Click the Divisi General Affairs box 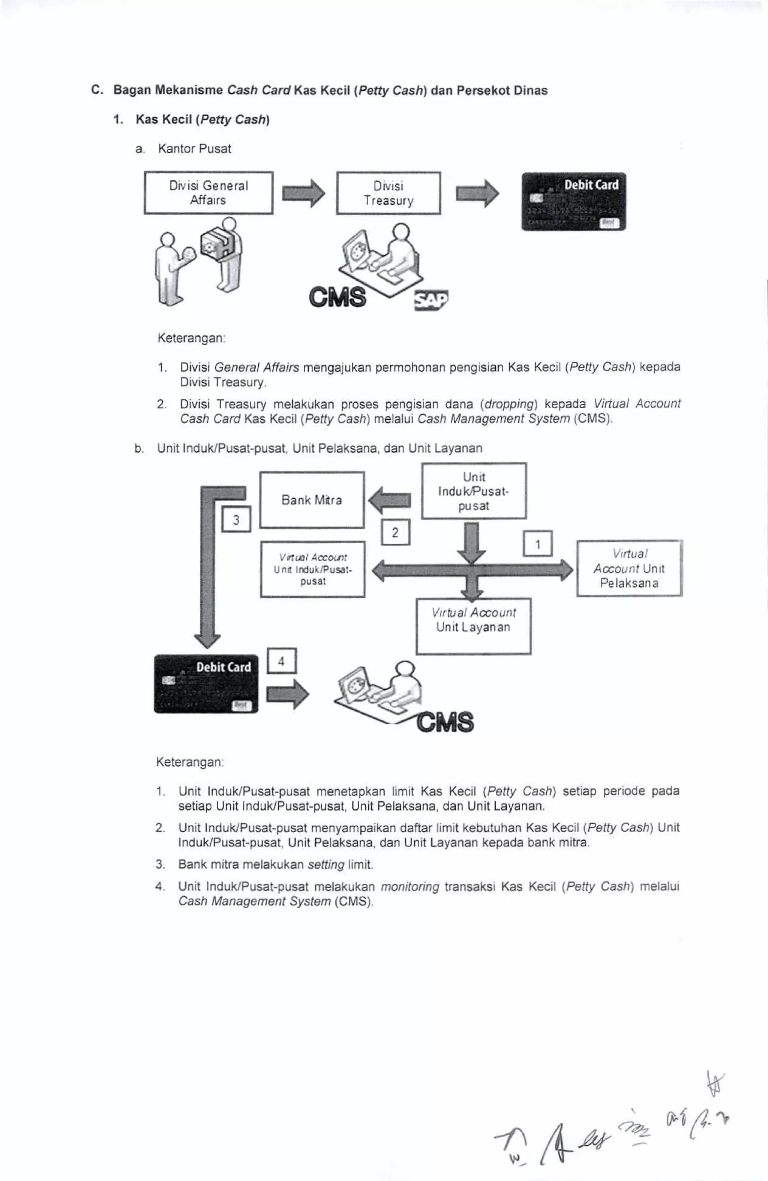[208, 193]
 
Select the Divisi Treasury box [388, 193]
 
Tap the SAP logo [430, 300]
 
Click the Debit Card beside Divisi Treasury [573, 201]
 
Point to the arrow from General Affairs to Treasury [303, 193]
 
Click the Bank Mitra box [312, 500]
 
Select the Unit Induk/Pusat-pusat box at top [474, 491]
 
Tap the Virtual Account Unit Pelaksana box [629, 568]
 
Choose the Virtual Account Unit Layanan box [473, 626]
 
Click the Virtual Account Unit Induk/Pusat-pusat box [313, 569]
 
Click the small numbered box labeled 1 [538, 544]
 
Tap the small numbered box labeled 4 [282, 661]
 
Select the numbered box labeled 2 [395, 532]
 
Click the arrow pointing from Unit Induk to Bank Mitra [390, 500]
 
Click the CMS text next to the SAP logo [337, 297]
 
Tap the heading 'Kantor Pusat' [195, 148]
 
